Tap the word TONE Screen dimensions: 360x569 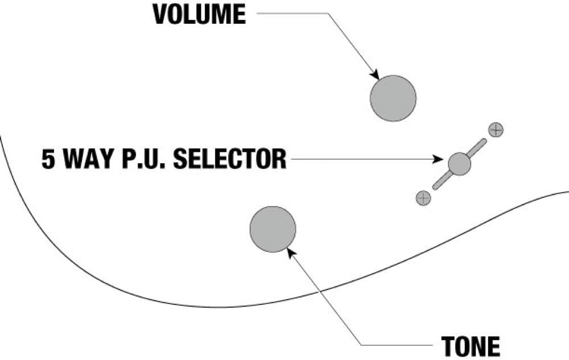click(x=470, y=346)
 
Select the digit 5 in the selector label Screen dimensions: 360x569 click(x=48, y=159)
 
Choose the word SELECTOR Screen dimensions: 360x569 click(x=229, y=159)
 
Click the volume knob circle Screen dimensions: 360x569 click(x=393, y=98)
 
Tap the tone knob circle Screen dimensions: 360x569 click(x=273, y=229)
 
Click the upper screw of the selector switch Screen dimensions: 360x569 click(x=496, y=130)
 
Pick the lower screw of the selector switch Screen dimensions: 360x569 click(x=423, y=198)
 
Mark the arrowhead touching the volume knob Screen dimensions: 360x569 click(x=375, y=75)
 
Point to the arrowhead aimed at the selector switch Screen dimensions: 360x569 click(x=441, y=160)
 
